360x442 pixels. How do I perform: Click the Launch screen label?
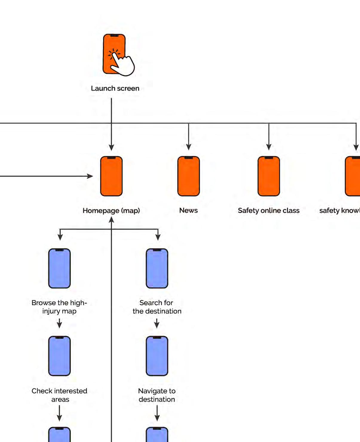tap(115, 88)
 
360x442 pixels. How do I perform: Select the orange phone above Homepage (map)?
tap(111, 176)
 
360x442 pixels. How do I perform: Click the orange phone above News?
tap(189, 176)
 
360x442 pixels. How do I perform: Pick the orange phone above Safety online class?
tap(269, 176)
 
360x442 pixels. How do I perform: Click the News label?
tap(189, 210)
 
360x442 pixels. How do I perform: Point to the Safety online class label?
tap(269, 211)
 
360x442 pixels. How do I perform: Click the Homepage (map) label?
tap(111, 211)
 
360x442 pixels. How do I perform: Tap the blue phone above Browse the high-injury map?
tap(59, 268)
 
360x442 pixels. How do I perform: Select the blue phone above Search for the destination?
tap(157, 268)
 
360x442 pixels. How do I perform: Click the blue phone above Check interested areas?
tap(59, 356)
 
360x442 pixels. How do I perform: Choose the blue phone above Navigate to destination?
tap(157, 356)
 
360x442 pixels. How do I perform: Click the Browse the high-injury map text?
tap(59, 307)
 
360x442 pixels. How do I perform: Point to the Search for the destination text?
tap(157, 307)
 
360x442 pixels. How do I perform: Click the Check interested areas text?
tap(59, 395)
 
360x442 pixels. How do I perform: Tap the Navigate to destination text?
tap(157, 395)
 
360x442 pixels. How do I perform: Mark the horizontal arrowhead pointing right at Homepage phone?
tap(90, 176)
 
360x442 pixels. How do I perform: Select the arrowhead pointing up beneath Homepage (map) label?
tap(111, 220)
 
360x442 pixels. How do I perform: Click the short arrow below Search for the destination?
tap(157, 323)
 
